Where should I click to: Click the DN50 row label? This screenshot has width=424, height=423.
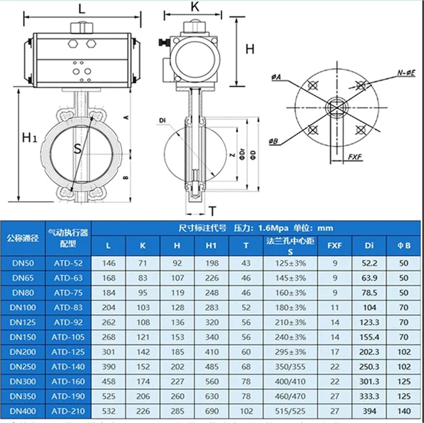pos(23,263)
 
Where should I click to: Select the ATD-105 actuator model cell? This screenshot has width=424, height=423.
pos(68,337)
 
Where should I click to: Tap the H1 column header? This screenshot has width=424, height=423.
pos(211,246)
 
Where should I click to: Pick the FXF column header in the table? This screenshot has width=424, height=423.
pos(335,246)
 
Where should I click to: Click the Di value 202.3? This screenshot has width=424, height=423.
pos(369,352)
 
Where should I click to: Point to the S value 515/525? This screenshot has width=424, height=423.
pos(290,411)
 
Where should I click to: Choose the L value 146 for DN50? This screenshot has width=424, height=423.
pos(109,263)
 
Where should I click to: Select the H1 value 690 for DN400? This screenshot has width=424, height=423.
pos(212,411)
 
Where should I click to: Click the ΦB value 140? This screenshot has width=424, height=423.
pos(404,411)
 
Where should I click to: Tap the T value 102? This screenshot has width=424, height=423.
pos(246,411)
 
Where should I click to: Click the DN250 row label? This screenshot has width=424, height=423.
pos(23,367)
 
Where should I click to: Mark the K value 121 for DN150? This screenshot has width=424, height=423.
pos(143,337)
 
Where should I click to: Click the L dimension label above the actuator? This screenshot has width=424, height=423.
pos(82,9)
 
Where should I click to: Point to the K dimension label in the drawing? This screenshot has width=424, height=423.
pos(195,7)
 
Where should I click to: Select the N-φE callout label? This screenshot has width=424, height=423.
pos(406,73)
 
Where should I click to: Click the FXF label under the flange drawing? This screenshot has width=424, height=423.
pos(355,157)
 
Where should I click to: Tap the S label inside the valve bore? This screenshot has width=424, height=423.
pos(77,149)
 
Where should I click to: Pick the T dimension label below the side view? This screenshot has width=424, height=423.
pos(212,211)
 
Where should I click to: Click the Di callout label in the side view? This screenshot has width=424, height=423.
pos(162,121)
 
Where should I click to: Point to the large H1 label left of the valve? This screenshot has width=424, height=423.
pos(29,138)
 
